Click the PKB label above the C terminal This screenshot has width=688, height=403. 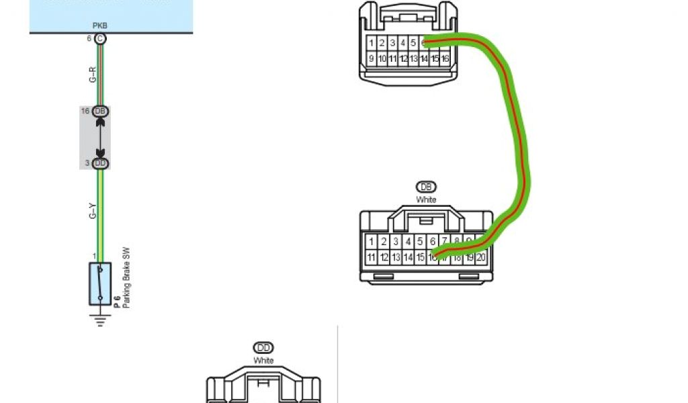[x=99, y=26]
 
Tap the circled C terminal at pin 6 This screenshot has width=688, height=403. [x=100, y=39]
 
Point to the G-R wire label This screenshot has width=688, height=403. [x=93, y=75]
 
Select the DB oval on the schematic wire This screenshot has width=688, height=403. [x=100, y=111]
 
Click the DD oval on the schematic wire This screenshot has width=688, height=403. [x=100, y=163]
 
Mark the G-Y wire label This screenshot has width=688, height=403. [x=93, y=212]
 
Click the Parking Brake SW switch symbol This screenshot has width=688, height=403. [x=100, y=284]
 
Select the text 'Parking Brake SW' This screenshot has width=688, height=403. [x=125, y=278]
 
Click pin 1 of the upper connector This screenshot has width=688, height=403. [x=371, y=43]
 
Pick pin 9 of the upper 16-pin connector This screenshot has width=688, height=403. [x=371, y=59]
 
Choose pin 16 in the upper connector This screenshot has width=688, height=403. [x=445, y=59]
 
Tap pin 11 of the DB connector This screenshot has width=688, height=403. [x=371, y=257]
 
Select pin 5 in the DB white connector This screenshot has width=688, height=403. [x=420, y=241]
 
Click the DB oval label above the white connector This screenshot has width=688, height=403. [x=426, y=187]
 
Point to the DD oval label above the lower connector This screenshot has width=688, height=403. [x=263, y=348]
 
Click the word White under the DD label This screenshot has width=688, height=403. [x=263, y=361]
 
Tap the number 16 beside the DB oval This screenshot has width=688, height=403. [x=85, y=111]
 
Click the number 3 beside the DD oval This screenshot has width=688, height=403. [x=87, y=163]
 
